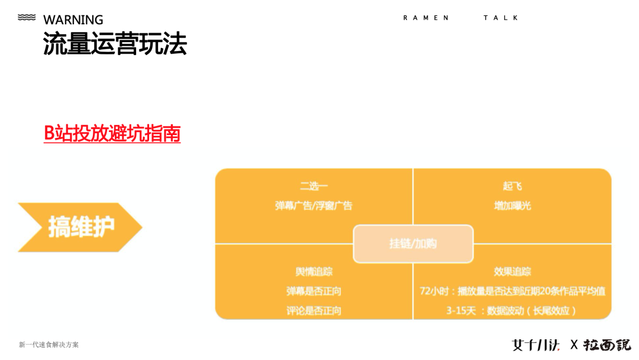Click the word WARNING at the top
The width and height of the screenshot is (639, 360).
[x=73, y=20]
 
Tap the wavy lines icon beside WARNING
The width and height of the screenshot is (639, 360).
[x=27, y=18]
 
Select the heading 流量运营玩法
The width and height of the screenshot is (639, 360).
[x=115, y=44]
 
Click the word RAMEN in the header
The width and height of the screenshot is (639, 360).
[x=426, y=18]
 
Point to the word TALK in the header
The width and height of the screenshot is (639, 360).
[x=501, y=18]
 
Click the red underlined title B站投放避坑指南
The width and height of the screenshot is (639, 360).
[x=112, y=133]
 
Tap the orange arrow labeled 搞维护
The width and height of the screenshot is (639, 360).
[x=80, y=227]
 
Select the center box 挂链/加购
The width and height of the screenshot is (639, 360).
[x=413, y=243]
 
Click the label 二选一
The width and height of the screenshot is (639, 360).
[x=314, y=186]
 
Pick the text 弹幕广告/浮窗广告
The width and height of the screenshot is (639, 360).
[x=314, y=205]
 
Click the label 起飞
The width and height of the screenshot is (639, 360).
[x=512, y=186]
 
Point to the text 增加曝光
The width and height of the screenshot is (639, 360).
[x=512, y=205]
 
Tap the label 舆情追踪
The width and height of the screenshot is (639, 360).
[x=314, y=271]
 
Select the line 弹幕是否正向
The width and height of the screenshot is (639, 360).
[x=314, y=291]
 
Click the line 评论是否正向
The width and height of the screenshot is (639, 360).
[x=314, y=310]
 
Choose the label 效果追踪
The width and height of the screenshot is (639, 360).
[x=512, y=271]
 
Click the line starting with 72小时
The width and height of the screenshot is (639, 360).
[x=512, y=291]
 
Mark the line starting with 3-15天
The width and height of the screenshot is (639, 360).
[x=512, y=310]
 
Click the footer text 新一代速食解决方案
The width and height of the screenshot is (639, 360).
[x=49, y=345]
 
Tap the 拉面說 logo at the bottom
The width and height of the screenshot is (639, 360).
[x=607, y=345]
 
